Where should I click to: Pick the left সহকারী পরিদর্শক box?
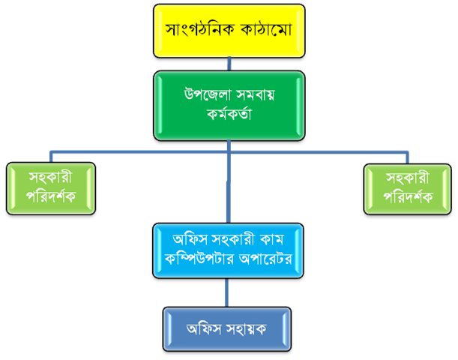point(50,188)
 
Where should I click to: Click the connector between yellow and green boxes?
point(229,64)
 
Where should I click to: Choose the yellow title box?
point(229,31)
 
